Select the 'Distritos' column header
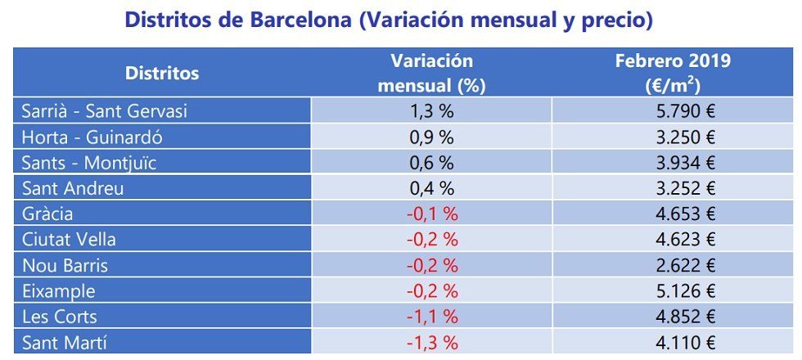point(162,73)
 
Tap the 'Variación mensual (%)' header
point(431,73)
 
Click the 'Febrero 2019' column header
point(673,73)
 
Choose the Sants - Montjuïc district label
point(89,162)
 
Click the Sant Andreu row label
point(73,188)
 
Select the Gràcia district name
point(47,214)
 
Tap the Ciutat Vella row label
point(69,240)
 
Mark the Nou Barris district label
point(65,265)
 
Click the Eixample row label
point(58,291)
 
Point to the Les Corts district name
point(60,317)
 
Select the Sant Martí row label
point(65,343)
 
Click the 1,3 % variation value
point(431,110)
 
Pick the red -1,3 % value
point(431,343)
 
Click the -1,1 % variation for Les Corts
point(431,317)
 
